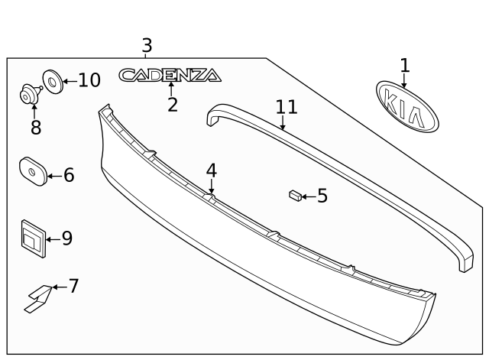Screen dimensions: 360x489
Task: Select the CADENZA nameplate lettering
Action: [170, 75]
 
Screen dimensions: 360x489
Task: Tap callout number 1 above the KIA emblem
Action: [404, 66]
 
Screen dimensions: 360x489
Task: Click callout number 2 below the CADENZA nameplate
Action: [173, 105]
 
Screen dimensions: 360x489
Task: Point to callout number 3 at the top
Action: [147, 45]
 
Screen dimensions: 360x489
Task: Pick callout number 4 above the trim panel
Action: [211, 170]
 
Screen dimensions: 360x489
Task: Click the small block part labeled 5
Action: [293, 196]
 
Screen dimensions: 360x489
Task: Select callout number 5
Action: [322, 196]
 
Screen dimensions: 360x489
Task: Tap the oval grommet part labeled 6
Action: [33, 172]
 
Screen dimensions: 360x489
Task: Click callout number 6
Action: [68, 176]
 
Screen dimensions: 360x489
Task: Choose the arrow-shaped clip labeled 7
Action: [38, 298]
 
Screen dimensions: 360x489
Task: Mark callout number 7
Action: [73, 287]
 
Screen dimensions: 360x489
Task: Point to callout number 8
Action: [36, 128]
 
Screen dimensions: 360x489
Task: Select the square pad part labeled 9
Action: [32, 236]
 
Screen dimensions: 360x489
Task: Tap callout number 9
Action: [67, 238]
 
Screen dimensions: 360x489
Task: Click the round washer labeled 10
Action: [53, 81]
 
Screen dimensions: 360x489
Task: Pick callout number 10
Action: [89, 80]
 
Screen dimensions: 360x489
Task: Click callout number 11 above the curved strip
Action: [287, 107]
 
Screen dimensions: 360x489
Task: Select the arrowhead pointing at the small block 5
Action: [303, 196]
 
